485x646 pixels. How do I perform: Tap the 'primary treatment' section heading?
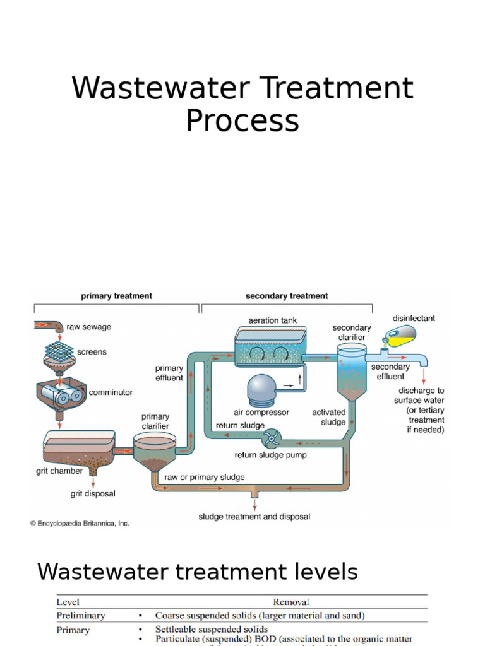point(116,296)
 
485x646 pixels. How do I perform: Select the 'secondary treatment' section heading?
point(287,296)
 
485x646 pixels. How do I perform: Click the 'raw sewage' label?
point(88,327)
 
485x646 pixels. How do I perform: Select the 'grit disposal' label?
point(93,494)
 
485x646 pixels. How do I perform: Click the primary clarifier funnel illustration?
point(153,452)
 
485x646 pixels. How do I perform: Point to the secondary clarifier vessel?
point(351,372)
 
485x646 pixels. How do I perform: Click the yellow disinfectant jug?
point(402,335)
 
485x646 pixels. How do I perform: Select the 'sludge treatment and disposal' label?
point(254,517)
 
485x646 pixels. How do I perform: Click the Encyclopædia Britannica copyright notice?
point(80,523)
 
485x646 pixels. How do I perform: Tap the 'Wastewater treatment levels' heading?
point(197,572)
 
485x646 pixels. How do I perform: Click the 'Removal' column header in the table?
point(291,602)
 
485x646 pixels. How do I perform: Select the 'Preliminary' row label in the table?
point(81,615)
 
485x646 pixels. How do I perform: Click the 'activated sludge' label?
point(329,417)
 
